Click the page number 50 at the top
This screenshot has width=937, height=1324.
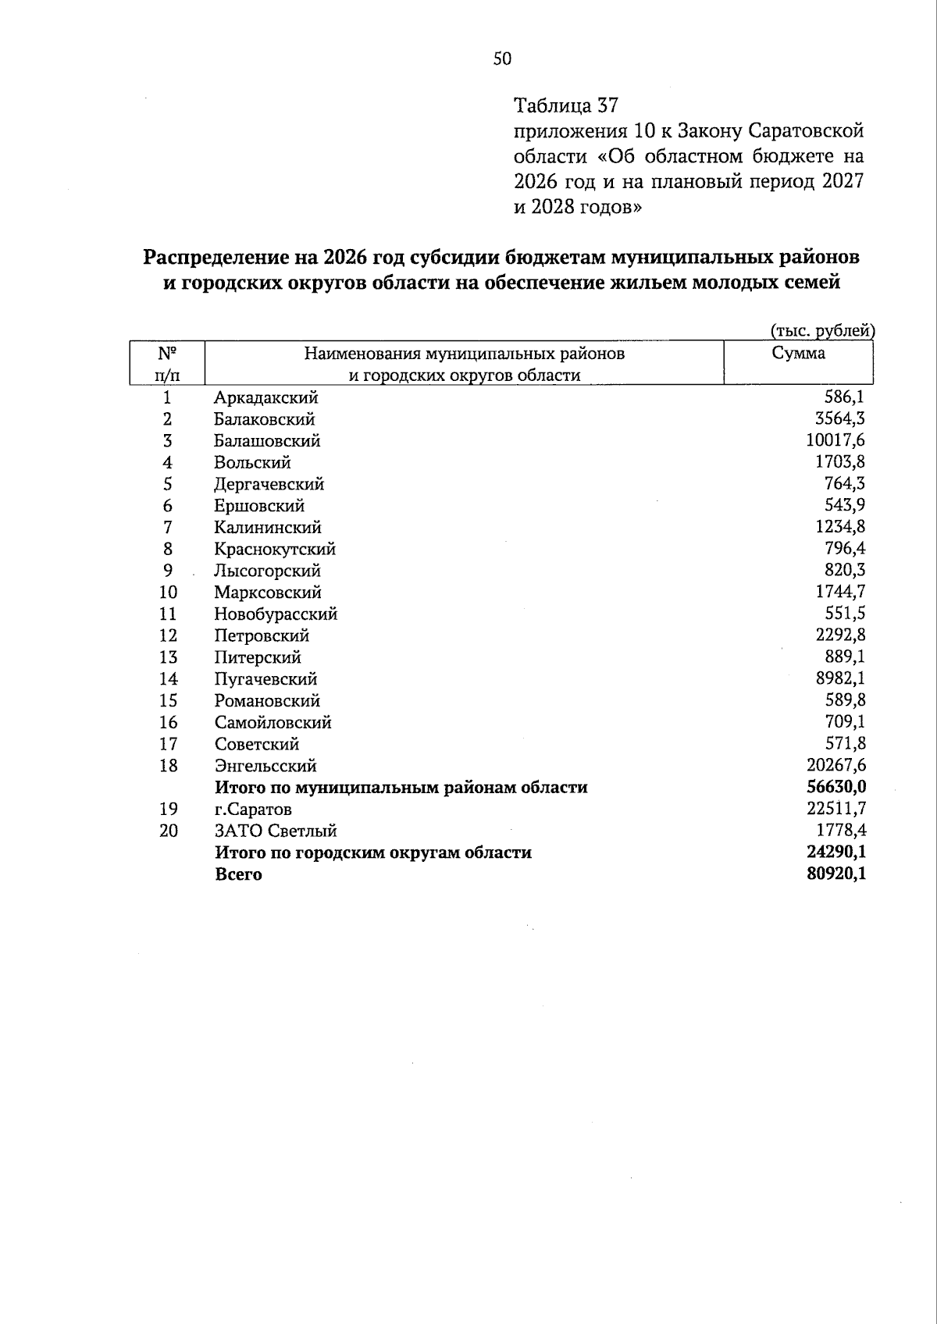[502, 59]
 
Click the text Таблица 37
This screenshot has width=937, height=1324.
[566, 105]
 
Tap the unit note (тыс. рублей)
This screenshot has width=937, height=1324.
[821, 331]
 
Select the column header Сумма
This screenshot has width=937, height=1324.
[798, 353]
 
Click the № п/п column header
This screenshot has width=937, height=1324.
[166, 363]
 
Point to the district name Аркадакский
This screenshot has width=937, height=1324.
[265, 397]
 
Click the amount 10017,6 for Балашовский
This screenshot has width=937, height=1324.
[835, 440]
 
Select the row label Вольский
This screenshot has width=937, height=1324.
[252, 462]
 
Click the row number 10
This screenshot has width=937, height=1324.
[168, 593]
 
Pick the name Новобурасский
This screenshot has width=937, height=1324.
[276, 614]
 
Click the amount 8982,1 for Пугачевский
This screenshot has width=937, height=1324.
[840, 678]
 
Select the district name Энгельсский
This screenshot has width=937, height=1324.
[265, 766]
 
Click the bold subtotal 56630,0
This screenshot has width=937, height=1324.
[835, 787]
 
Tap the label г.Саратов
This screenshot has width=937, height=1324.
[253, 810]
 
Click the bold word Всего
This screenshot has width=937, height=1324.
[238, 874]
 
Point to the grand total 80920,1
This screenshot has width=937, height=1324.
[835, 874]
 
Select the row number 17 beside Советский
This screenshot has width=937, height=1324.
[168, 744]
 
